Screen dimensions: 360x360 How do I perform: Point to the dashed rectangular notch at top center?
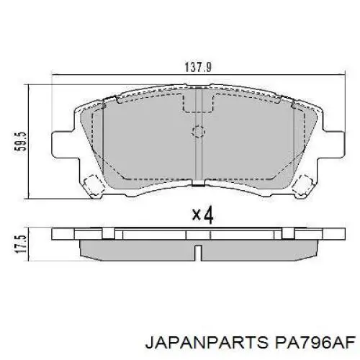(x=197, y=101)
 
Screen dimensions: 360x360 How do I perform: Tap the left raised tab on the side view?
(x=109, y=232)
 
